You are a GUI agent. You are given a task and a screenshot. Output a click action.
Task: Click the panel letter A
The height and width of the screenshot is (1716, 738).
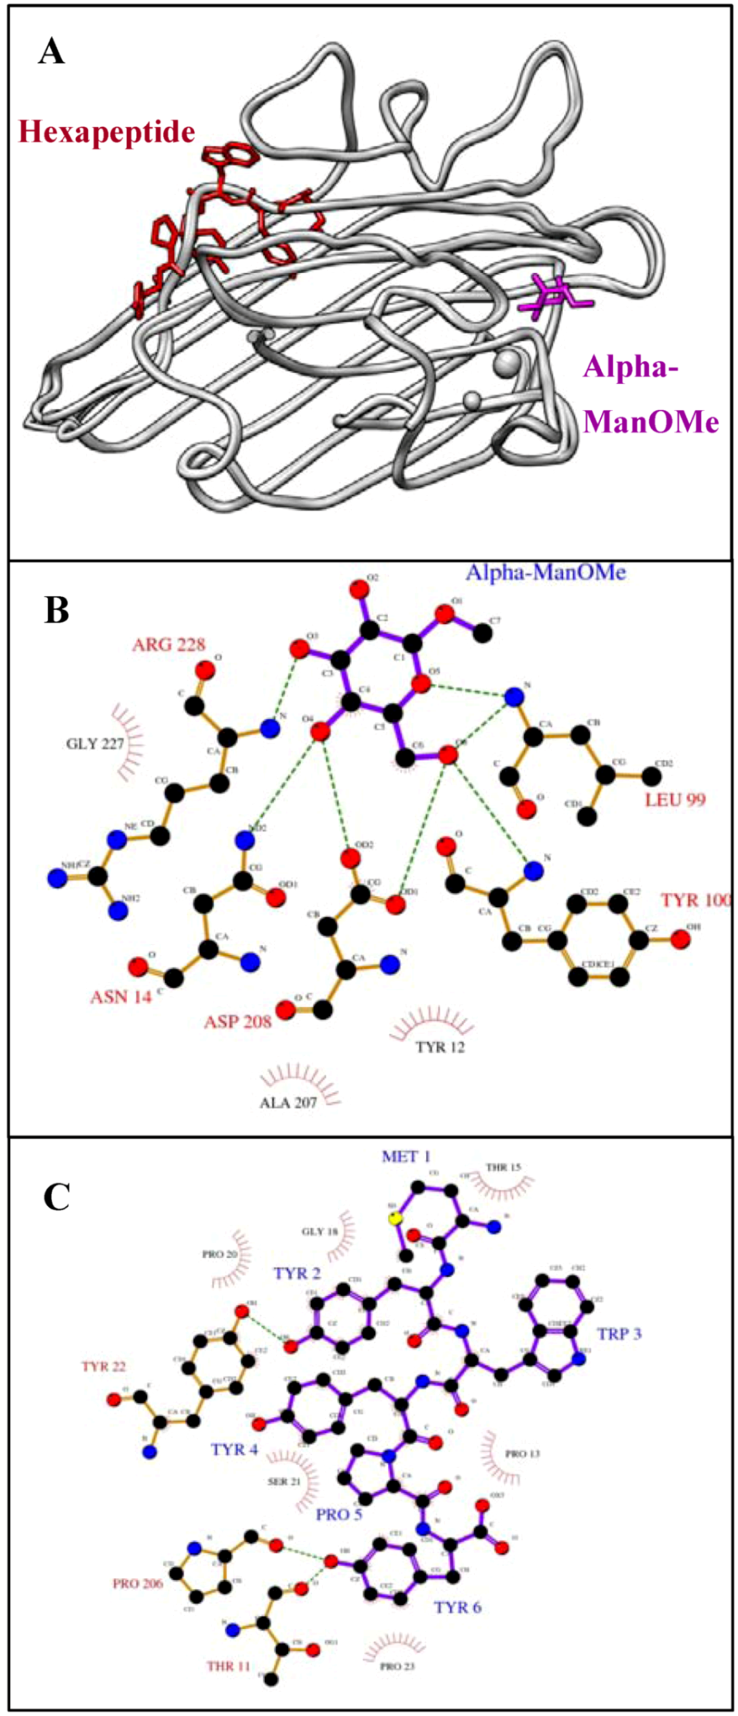(52, 51)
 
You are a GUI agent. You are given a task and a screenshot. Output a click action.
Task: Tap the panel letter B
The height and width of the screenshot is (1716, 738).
(57, 609)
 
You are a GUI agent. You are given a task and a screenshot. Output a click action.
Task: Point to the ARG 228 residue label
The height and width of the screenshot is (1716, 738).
(168, 644)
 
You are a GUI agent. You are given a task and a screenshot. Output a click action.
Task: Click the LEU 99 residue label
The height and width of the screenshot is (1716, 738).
(675, 799)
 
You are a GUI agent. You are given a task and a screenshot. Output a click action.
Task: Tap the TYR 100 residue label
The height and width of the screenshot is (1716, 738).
(696, 900)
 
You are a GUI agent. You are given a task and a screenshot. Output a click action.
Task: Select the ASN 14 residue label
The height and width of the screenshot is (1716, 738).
(121, 997)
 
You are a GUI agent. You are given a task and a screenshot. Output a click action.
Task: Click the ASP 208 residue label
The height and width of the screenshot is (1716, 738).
(238, 1021)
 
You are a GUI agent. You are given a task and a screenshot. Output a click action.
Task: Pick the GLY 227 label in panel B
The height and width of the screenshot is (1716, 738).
(95, 744)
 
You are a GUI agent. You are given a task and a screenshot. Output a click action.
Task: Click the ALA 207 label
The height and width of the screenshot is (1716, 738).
(288, 1102)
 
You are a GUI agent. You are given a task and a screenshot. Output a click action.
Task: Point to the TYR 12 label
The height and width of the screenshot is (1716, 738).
(440, 1048)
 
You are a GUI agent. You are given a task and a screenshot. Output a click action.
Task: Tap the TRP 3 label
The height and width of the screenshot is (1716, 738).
(618, 1334)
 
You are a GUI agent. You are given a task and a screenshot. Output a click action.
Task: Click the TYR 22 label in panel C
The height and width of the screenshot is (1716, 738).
(104, 1366)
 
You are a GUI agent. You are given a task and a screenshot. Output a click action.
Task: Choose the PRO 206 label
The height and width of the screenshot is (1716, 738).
(138, 1583)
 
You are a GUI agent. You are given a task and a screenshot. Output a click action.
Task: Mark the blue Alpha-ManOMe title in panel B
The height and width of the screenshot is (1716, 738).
(545, 572)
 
